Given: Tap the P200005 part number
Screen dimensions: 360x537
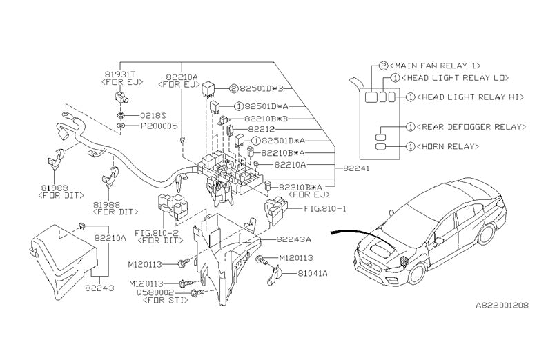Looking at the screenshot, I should coord(159,127).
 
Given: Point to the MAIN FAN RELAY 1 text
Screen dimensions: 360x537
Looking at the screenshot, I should coord(436,65).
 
